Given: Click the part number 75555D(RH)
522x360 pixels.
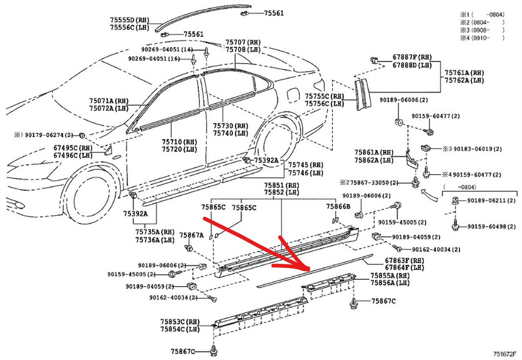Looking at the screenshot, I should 130,20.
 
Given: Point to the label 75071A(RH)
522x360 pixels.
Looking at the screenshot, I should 109,101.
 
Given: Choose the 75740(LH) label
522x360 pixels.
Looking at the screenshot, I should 232,132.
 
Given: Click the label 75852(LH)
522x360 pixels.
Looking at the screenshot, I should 281,192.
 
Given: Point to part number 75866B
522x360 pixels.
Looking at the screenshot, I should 339,207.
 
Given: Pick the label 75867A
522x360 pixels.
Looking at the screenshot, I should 192,234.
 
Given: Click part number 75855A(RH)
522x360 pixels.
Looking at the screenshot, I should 390,276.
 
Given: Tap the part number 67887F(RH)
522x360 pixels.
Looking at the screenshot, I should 412,57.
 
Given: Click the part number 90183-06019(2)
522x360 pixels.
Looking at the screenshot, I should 472,149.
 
